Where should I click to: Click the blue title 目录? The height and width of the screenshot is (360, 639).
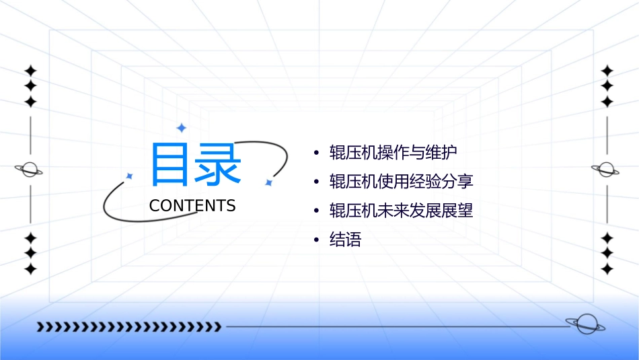(x=196, y=164)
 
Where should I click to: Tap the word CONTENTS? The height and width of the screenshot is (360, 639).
(x=192, y=206)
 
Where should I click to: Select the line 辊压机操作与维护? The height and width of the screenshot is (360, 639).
(x=393, y=152)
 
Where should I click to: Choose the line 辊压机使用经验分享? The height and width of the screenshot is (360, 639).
(x=401, y=182)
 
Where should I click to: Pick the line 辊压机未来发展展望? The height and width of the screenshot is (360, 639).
(x=401, y=211)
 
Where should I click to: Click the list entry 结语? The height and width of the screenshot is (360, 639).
(x=345, y=240)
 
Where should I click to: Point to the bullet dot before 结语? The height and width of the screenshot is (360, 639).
(x=316, y=240)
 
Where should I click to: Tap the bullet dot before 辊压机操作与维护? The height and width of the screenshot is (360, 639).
(x=316, y=153)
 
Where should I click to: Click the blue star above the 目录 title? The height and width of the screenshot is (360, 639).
(x=181, y=128)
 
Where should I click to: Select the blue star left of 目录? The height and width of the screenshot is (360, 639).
(x=130, y=176)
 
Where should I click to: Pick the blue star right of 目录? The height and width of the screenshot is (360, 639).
(x=268, y=182)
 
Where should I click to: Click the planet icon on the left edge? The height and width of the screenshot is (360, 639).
(x=30, y=170)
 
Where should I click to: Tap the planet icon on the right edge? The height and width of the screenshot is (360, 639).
(x=607, y=170)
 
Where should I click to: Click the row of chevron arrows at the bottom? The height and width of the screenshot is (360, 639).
(x=128, y=327)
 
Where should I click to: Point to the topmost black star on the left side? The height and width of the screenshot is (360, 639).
(x=30, y=70)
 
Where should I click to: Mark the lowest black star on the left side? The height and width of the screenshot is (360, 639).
(x=30, y=268)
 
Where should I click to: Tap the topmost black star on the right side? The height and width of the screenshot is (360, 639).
(x=607, y=70)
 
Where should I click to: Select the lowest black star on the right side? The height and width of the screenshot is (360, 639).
(x=607, y=268)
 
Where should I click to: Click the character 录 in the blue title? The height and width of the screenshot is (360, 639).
(x=218, y=164)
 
